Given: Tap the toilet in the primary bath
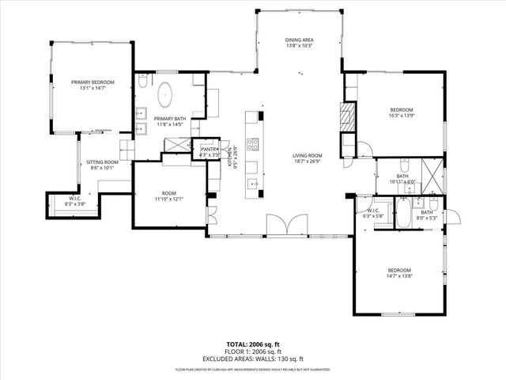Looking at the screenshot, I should pos(142,82).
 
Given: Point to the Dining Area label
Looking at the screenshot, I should pos(300,40).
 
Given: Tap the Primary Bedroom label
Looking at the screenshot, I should pos(93,82).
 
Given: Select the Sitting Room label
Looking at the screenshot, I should pos(102,161).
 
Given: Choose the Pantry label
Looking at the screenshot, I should pos(210,149).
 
